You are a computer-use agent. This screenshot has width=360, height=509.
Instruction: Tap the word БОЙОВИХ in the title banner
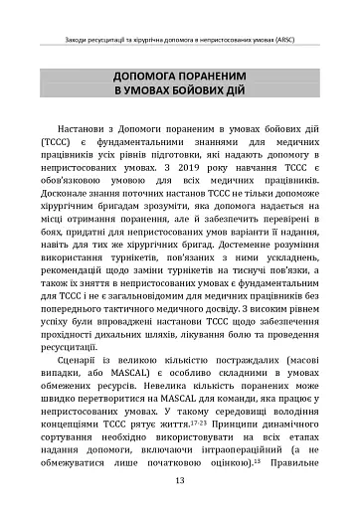pyautogui.click(x=190, y=92)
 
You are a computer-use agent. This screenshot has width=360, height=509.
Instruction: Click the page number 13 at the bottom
pyautogui.click(x=180, y=481)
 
